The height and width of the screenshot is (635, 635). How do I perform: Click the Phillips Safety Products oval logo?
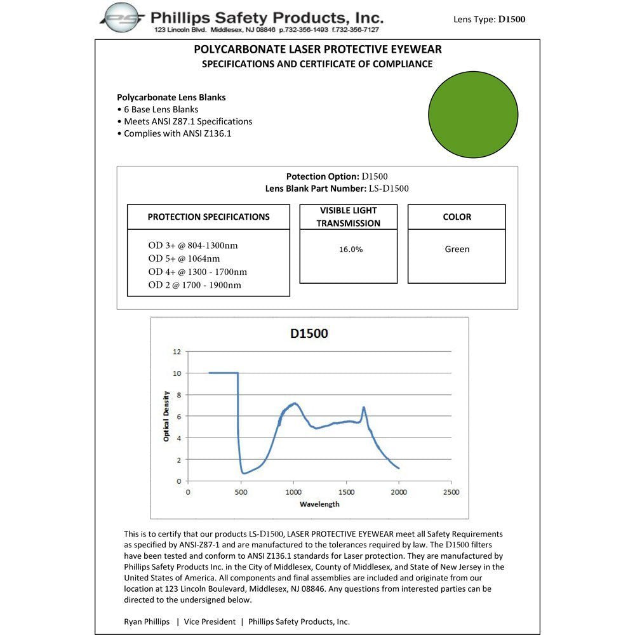pos(124,18)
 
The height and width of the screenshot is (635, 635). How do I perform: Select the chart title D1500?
pos(309,333)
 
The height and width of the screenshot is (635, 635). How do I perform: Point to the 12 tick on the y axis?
pos(177,351)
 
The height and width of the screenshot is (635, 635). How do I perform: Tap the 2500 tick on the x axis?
pos(451,492)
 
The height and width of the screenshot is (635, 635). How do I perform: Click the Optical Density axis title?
pos(166,416)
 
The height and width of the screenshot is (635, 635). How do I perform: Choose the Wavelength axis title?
pos(319,504)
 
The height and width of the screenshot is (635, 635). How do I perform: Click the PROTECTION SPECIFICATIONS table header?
pos(208,217)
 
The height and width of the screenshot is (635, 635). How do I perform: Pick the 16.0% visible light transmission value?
pos(351,250)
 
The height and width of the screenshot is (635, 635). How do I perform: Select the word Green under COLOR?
pos(457,249)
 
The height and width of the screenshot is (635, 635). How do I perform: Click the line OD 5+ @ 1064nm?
pos(184,258)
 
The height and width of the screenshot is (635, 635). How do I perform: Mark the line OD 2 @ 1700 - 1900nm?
pos(194,285)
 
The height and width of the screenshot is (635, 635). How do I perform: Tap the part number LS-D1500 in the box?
pos(389,189)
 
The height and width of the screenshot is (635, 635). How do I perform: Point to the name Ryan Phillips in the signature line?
pos(147,622)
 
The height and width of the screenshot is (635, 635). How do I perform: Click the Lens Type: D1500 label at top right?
pos(489,19)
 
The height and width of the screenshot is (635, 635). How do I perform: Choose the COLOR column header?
pos(457,217)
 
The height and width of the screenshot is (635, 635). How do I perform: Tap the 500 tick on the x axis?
pos(239,492)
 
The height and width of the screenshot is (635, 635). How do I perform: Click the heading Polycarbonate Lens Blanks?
pos(171,97)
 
